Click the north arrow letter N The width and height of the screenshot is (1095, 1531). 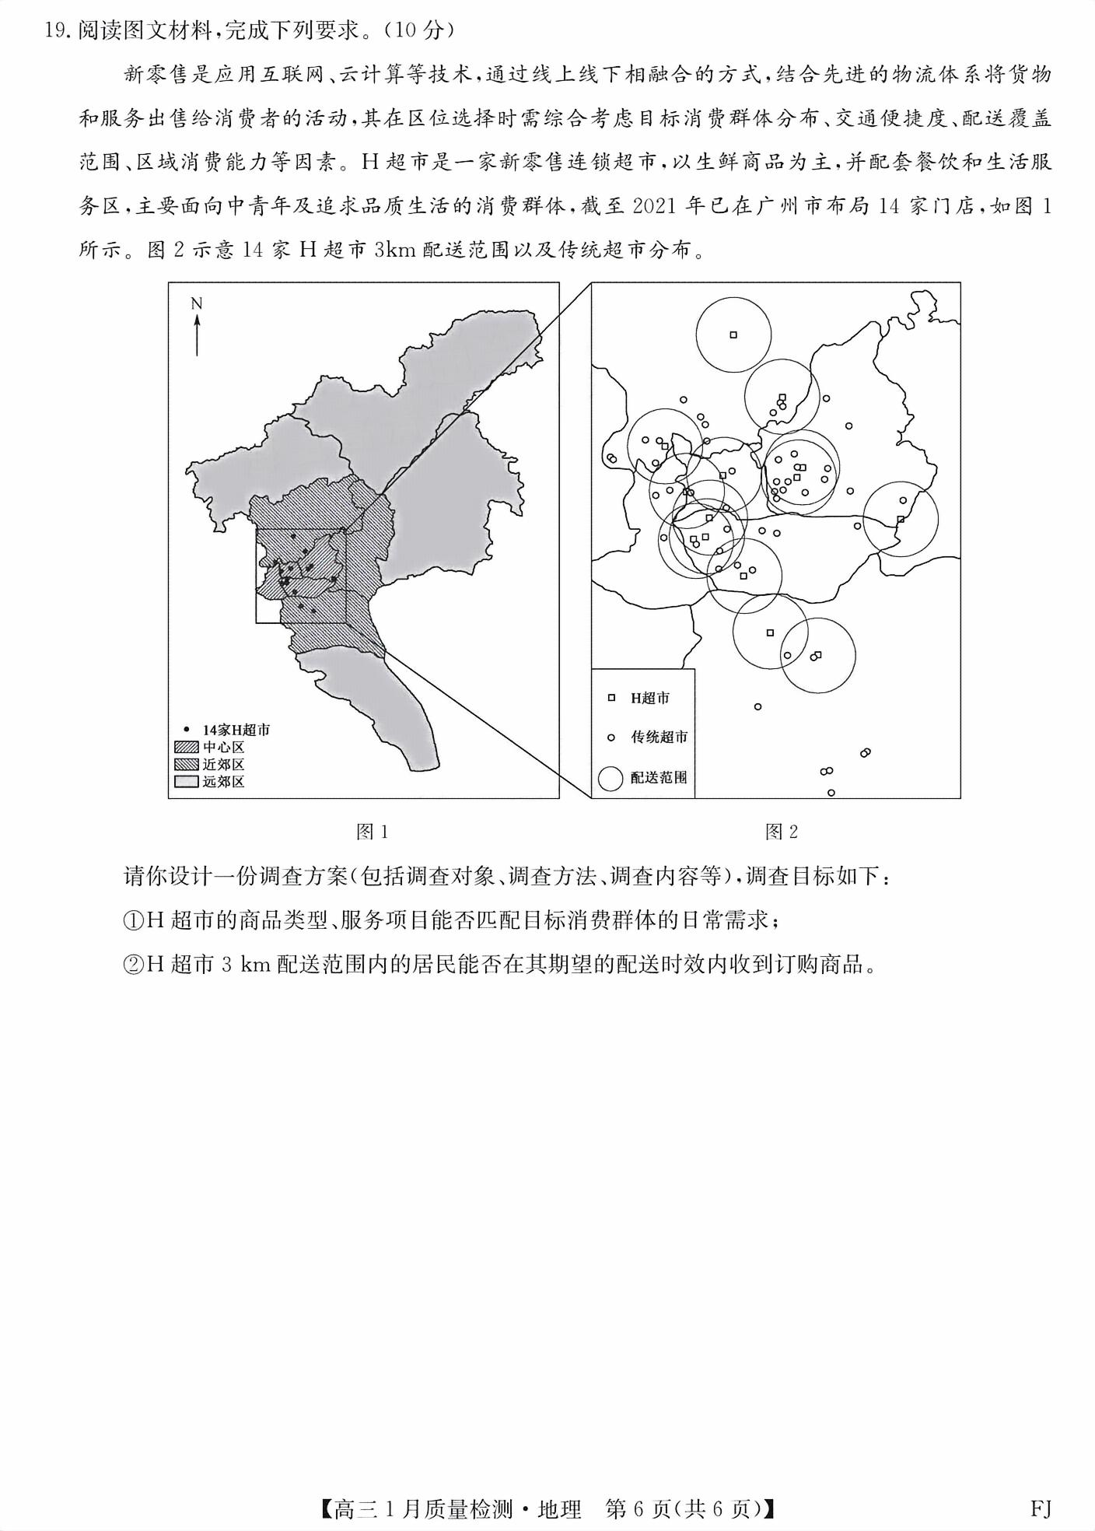click(x=197, y=303)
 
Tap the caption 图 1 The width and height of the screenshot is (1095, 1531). click(x=371, y=832)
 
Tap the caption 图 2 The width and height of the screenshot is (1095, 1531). click(x=782, y=832)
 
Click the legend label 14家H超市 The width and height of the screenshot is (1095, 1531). click(x=236, y=730)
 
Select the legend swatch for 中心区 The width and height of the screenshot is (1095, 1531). click(x=187, y=747)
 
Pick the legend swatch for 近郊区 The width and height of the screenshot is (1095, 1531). click(x=187, y=764)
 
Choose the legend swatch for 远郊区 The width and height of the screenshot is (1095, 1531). click(x=187, y=782)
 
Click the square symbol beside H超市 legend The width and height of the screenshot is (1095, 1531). click(x=611, y=699)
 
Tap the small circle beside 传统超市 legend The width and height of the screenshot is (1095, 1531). click(x=611, y=737)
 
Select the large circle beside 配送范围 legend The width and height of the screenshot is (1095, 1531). click(x=610, y=777)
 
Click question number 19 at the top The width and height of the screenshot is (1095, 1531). click(x=58, y=30)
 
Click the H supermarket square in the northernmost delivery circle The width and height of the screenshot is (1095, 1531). click(x=733, y=335)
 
